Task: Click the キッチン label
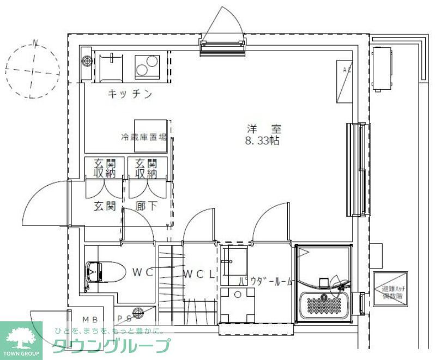[129, 94]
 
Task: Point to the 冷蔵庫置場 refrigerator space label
[143, 137]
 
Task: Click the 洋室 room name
[264, 130]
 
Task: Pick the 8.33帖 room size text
[263, 142]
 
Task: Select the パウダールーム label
[267, 282]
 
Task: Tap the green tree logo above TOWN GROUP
[21, 335]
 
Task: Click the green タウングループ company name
[111, 346]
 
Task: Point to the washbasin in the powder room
[237, 259]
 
